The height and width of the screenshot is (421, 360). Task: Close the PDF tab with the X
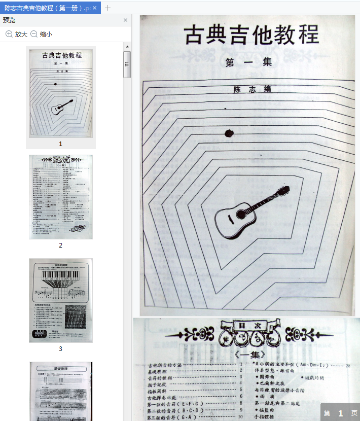coord(94,8)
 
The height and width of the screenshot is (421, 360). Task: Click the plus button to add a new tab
coord(108,8)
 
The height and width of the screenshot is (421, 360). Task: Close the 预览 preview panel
coord(125,20)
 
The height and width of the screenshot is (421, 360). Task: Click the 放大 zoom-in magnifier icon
coord(9,34)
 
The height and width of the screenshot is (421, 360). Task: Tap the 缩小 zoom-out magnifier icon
coord(34,34)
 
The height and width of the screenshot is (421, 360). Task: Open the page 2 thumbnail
coord(60,197)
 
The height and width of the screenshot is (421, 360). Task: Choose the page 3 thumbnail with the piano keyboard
coord(60,300)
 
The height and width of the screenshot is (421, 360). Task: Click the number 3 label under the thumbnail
coord(60,348)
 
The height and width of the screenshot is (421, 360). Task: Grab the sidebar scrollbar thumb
coord(127,64)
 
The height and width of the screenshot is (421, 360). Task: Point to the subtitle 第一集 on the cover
coord(249,62)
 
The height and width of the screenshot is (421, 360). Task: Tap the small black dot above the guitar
coord(229,133)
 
